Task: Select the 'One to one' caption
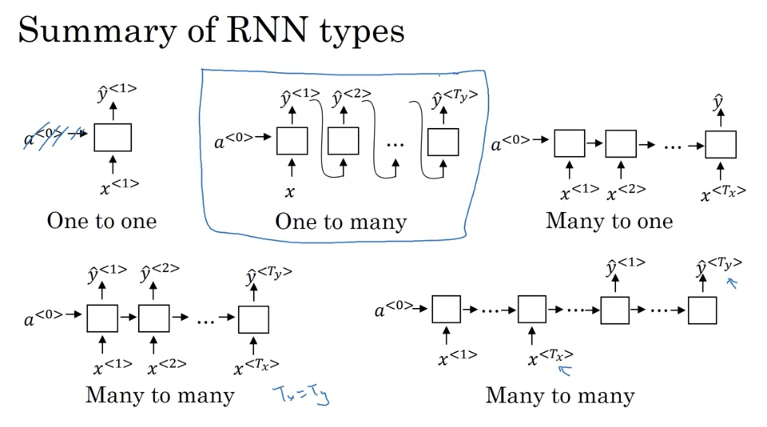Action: (102, 221)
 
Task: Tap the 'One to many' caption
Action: (341, 222)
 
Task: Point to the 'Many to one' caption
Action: (609, 221)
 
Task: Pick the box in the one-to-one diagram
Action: (113, 137)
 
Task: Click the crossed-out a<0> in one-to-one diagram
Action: (45, 136)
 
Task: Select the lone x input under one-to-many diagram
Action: (290, 192)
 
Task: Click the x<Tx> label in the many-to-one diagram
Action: (723, 193)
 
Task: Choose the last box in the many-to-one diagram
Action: (721, 145)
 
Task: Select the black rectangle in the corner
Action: (724, 416)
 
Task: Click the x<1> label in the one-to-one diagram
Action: (120, 187)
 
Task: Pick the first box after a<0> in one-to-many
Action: (292, 141)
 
